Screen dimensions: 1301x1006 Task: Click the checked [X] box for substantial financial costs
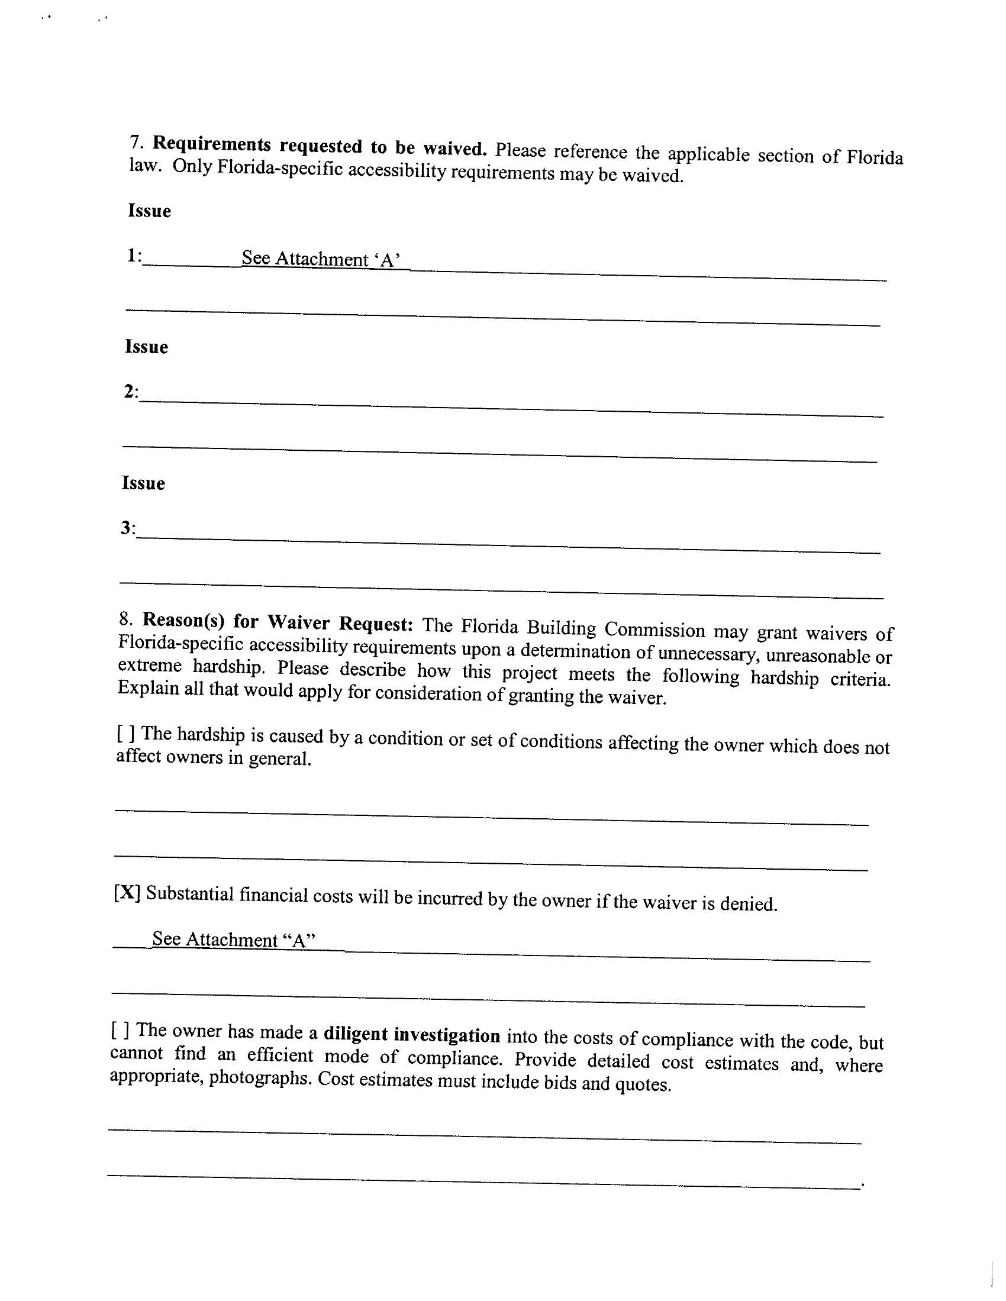[127, 892]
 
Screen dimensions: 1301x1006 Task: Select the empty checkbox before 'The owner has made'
[120, 1029]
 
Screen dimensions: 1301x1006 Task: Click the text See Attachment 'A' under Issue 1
[320, 259]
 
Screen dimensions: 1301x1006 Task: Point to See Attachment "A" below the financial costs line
[233, 940]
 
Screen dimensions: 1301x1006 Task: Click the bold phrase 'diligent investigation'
[412, 1035]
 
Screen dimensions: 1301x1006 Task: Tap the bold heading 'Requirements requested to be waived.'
[320, 146]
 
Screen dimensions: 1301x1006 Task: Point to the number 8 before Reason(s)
[125, 618]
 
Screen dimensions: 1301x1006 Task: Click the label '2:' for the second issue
[131, 392]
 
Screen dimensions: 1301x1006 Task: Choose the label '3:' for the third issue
[128, 528]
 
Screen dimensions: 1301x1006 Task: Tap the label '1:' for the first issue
[134, 256]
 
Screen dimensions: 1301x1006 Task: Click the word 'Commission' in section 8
[655, 630]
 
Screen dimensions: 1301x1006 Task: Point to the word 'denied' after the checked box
[748, 904]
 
